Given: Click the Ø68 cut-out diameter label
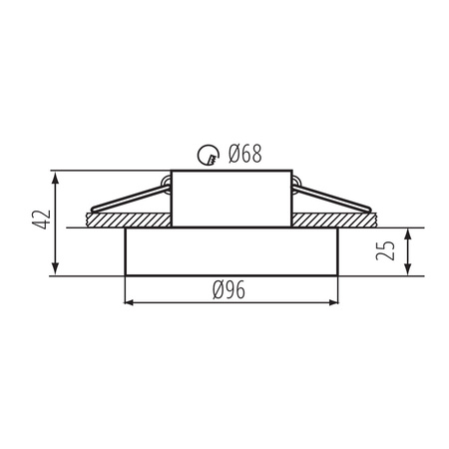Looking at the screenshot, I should coord(243,154).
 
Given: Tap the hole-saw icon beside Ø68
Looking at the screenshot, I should coord(208,154).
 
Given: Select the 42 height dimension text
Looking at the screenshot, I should coord(38,222).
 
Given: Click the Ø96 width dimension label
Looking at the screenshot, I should coord(228,289).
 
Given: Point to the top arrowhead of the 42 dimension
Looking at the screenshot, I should coord(57,178).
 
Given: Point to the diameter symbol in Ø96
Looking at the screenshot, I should coord(217,289).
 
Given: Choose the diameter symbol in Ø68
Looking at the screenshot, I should coord(231,154).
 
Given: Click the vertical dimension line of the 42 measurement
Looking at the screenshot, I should coord(57,224).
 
